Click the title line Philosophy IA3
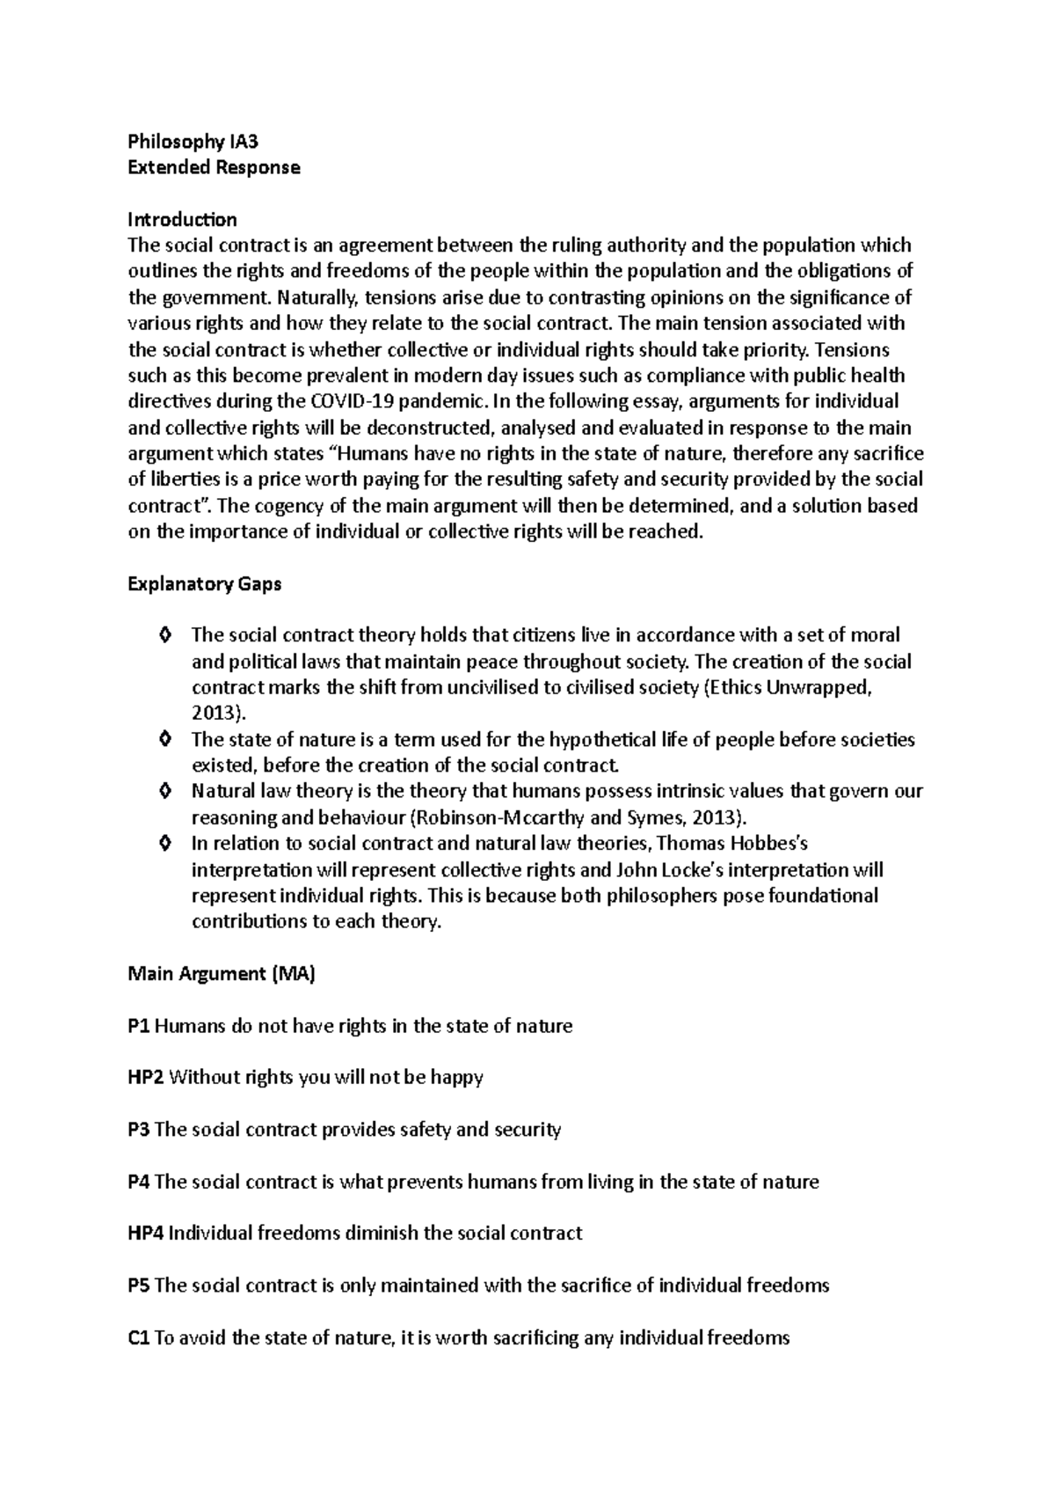point(193,142)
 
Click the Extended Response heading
point(214,167)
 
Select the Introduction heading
point(182,219)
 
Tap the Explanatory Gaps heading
point(204,584)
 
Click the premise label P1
point(139,1026)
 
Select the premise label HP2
point(146,1078)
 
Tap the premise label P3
point(139,1130)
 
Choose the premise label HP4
point(146,1234)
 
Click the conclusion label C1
point(139,1338)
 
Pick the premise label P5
point(139,1285)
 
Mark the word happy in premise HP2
point(456,1078)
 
